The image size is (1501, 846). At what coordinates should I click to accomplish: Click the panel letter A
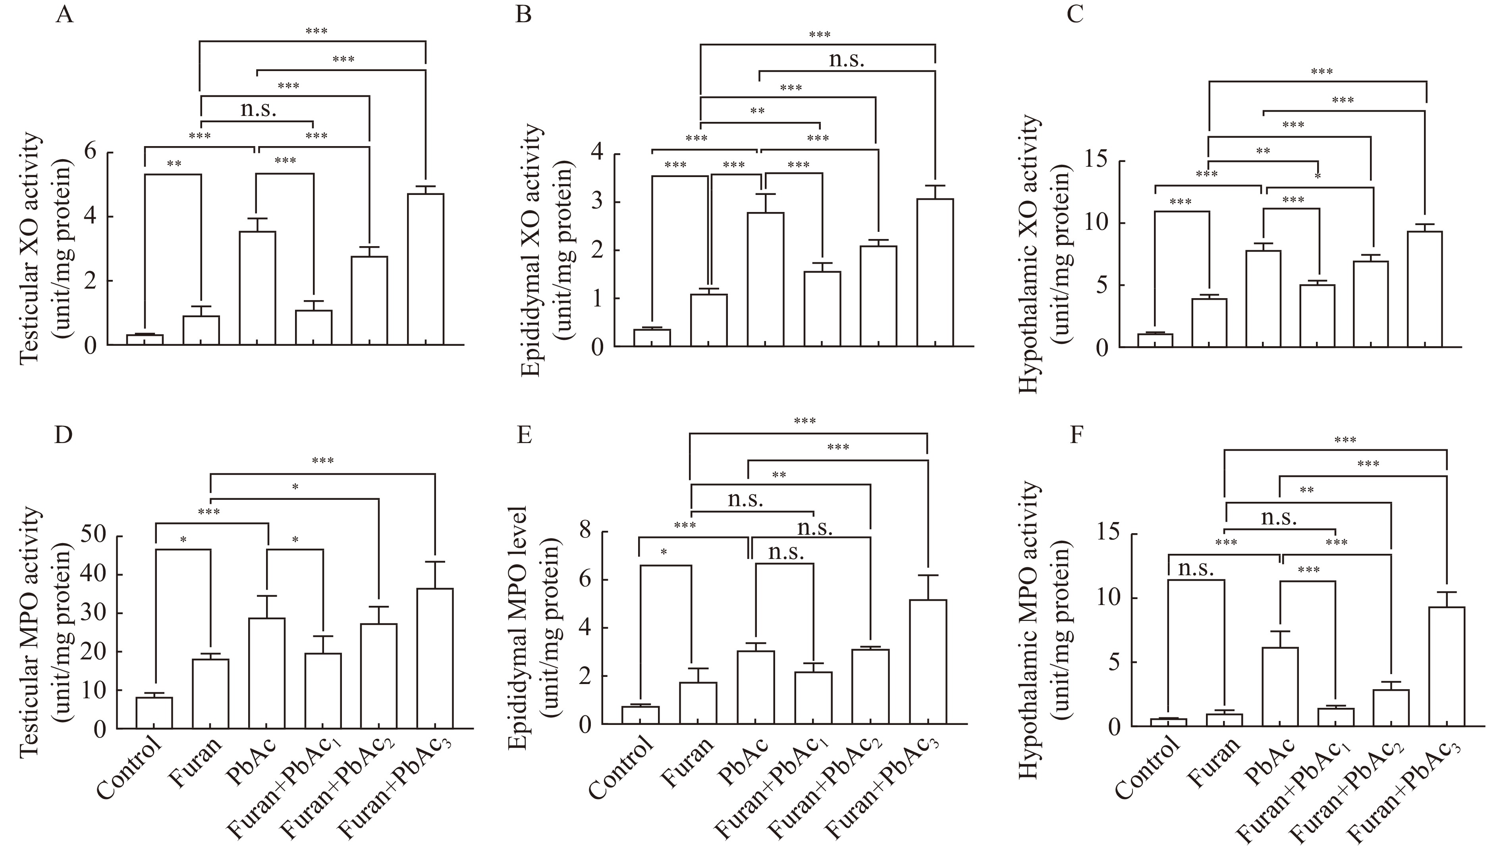tap(64, 14)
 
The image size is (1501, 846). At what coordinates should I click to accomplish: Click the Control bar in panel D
tap(154, 712)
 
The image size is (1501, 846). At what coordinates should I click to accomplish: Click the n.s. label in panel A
tap(258, 109)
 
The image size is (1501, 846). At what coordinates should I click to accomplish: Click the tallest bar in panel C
tap(1425, 289)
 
